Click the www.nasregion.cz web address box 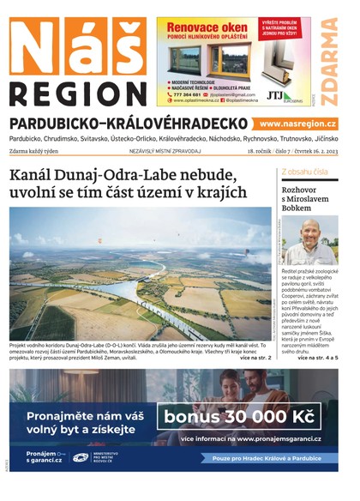(x=298, y=124)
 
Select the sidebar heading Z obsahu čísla (x=304, y=172)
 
